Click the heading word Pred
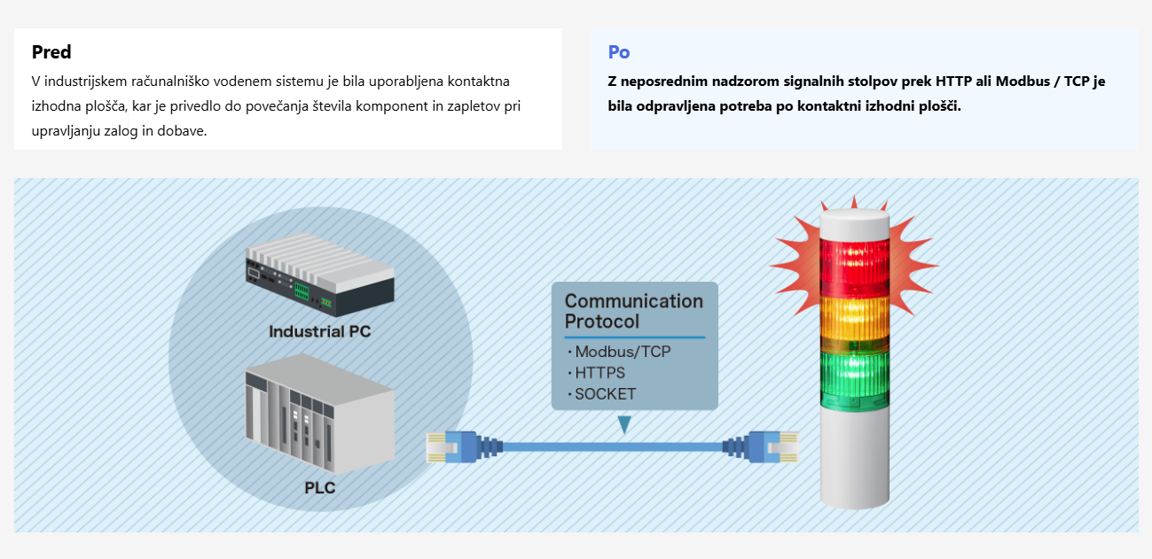(51, 52)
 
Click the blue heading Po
(619, 52)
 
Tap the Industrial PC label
(319, 332)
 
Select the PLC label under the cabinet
(319, 488)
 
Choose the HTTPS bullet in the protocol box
(600, 373)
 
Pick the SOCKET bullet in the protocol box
(605, 394)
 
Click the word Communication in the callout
(633, 301)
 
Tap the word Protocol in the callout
(602, 321)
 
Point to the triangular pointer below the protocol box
(626, 424)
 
